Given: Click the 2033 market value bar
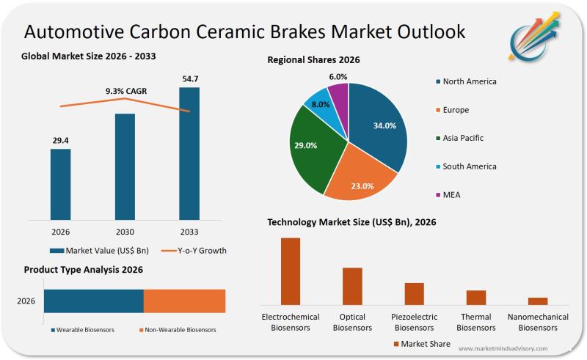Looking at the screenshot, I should coord(189,153).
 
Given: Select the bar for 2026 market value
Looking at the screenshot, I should coord(60,183).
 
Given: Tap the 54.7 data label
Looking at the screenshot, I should coord(189,78).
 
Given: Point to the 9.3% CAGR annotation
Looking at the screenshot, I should coord(126,91).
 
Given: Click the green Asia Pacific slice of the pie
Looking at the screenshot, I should coord(312,150).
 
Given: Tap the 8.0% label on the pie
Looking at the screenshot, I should coord(321,104).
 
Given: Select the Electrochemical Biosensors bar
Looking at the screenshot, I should coord(291,271).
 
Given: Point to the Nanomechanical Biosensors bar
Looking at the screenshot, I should coord(538,301).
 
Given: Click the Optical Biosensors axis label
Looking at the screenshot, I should coord(352,322).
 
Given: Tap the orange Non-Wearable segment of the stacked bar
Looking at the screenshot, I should coord(184,301).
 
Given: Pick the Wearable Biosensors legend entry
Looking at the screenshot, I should coord(82,330).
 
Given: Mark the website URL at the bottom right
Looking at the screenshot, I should coord(503,348).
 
